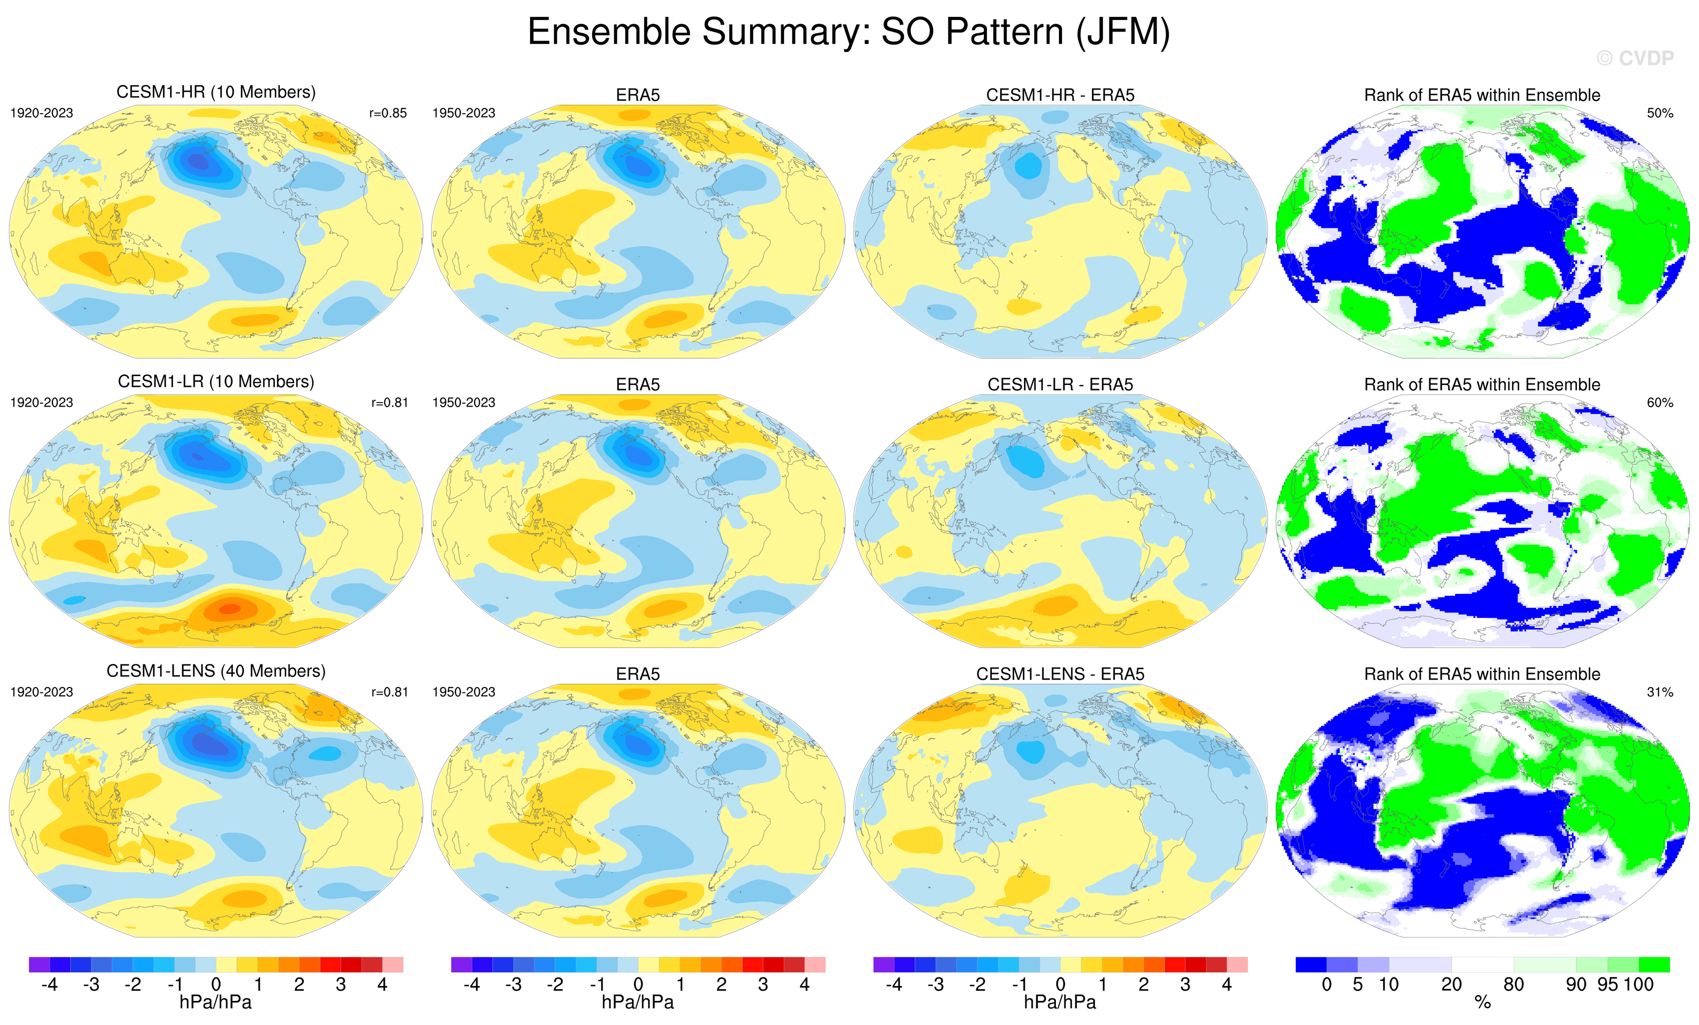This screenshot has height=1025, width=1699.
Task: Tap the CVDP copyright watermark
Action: pyautogui.click(x=1635, y=59)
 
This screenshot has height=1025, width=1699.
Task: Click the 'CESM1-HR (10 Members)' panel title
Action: pyautogui.click(x=216, y=93)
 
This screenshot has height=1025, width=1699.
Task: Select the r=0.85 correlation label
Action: pyautogui.click(x=388, y=113)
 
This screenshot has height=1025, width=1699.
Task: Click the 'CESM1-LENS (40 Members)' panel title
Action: pyautogui.click(x=216, y=671)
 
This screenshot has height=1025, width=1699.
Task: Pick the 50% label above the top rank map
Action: pyautogui.click(x=1659, y=113)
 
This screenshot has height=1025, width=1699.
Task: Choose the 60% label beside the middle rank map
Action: pyautogui.click(x=1659, y=403)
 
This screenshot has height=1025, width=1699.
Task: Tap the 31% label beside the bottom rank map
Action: pyautogui.click(x=1659, y=692)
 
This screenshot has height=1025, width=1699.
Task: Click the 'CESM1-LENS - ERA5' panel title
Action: pyautogui.click(x=1060, y=674)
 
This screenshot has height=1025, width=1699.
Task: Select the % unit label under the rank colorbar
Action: pyautogui.click(x=1482, y=1002)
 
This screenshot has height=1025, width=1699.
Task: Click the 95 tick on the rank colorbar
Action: pyautogui.click(x=1607, y=984)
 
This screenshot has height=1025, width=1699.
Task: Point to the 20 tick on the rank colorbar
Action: pyautogui.click(x=1451, y=984)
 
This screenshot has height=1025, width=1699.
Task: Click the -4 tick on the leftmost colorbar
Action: pyautogui.click(x=49, y=984)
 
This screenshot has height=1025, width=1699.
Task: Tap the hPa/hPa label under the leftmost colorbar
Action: pyautogui.click(x=216, y=1002)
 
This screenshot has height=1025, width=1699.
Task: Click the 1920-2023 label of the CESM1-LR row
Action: pyautogui.click(x=42, y=403)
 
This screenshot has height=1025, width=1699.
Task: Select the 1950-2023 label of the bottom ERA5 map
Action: pyautogui.click(x=463, y=692)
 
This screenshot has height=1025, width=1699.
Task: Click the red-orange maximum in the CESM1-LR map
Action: pyautogui.click(x=230, y=608)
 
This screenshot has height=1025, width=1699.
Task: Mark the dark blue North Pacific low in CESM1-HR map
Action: pyautogui.click(x=199, y=161)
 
